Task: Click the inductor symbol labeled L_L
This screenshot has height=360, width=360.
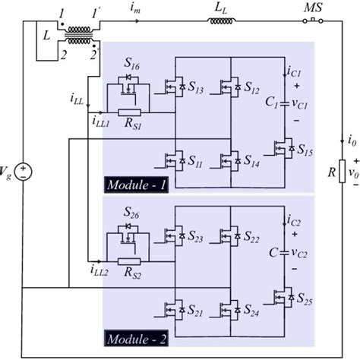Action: pyautogui.click(x=222, y=21)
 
